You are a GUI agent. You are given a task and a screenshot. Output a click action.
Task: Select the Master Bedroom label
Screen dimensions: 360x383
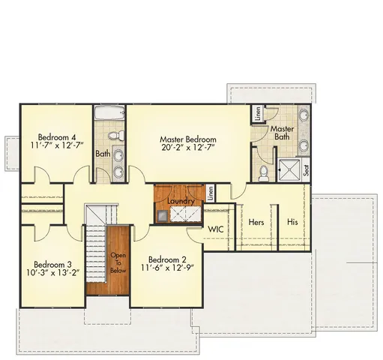[188, 140]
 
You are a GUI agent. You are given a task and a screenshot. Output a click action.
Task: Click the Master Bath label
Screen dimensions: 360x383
[282, 132]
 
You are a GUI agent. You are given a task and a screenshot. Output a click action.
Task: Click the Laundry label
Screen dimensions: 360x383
[182, 201]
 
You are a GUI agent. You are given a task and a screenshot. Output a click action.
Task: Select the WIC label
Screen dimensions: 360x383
[216, 229]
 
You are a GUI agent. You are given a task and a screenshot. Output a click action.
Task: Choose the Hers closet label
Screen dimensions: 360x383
[256, 223]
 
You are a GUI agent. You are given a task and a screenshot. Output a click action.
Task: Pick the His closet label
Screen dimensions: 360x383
[293, 223]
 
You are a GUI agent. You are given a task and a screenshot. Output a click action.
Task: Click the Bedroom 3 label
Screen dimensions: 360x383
[52, 264]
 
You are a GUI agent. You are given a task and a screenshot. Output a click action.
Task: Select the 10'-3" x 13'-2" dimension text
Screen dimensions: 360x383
[52, 274]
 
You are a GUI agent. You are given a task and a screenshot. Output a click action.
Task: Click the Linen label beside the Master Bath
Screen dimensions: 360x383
[258, 115]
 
